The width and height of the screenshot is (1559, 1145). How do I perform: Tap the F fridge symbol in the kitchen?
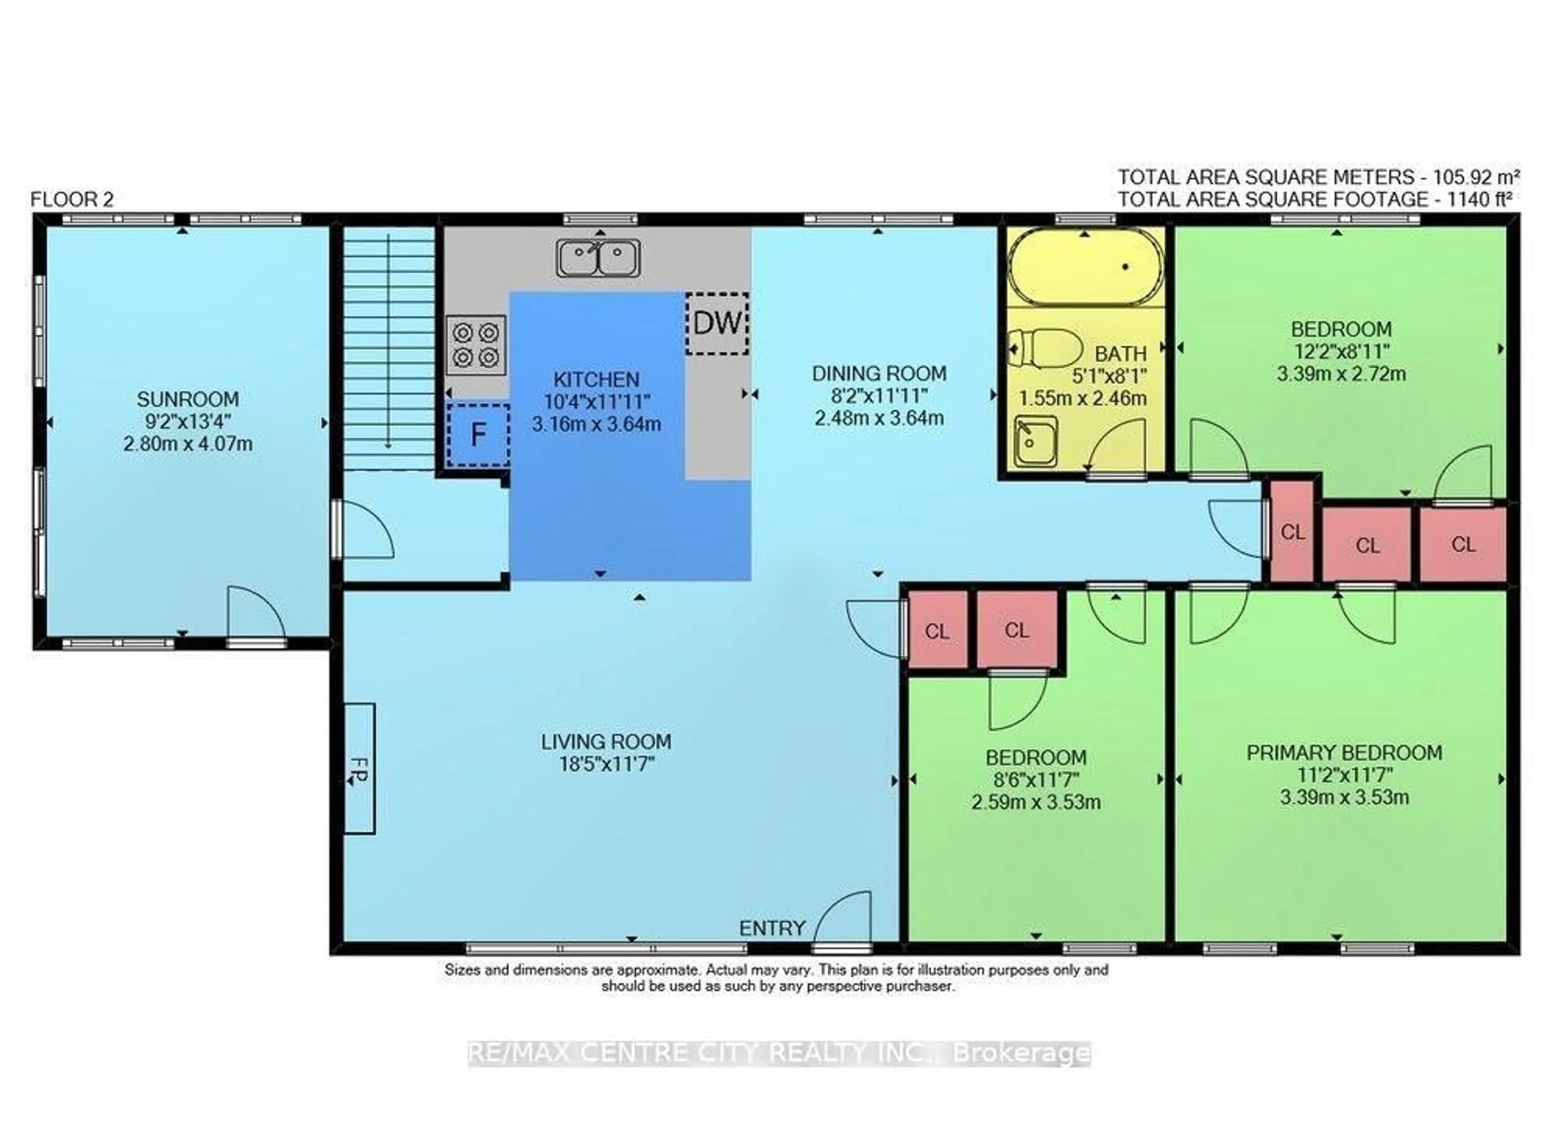click(478, 435)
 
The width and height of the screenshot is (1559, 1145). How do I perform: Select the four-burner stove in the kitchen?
click(476, 345)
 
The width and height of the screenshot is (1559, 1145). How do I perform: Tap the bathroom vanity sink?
click(1035, 441)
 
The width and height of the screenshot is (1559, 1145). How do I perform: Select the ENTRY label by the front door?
click(772, 928)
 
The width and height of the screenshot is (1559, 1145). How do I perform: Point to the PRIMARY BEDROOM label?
click(1343, 753)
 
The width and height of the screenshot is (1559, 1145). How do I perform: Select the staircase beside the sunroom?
click(389, 347)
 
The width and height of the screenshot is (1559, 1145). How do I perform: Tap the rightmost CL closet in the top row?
click(1463, 545)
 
